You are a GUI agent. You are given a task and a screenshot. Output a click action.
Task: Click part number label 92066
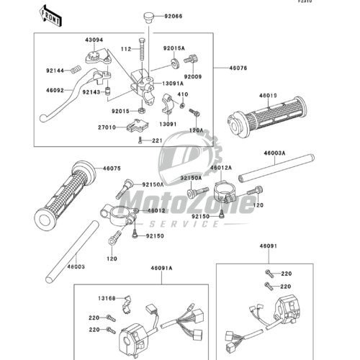pyautogui.click(x=174, y=17)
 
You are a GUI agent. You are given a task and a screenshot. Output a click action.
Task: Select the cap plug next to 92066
pyautogui.click(x=148, y=18)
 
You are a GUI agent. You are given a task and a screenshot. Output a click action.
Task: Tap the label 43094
pyautogui.click(x=94, y=40)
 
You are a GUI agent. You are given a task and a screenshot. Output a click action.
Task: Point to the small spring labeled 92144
pyautogui.click(x=75, y=71)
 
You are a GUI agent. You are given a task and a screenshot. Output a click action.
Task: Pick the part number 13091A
pyautogui.click(x=173, y=84)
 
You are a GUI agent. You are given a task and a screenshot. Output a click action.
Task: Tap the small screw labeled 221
pyautogui.click(x=140, y=140)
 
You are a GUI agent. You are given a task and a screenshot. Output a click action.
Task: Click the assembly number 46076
pyautogui.click(x=238, y=68)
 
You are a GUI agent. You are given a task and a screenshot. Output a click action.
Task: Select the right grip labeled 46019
pyautogui.click(x=267, y=117)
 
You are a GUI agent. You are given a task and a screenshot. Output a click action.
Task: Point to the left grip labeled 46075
pyautogui.click(x=65, y=196)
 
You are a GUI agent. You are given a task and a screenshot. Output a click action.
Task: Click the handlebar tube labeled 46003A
pyautogui.click(x=276, y=168)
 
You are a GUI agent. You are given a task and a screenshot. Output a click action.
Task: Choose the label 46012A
pyautogui.click(x=221, y=168)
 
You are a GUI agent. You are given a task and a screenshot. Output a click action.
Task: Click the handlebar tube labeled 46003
pyautogui.click(x=72, y=252)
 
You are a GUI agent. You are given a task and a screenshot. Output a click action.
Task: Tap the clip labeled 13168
pyautogui.click(x=127, y=305)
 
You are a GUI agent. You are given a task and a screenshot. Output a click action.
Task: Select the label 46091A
pyautogui.click(x=162, y=268)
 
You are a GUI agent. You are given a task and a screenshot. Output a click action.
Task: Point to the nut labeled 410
pyautogui.click(x=182, y=105)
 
